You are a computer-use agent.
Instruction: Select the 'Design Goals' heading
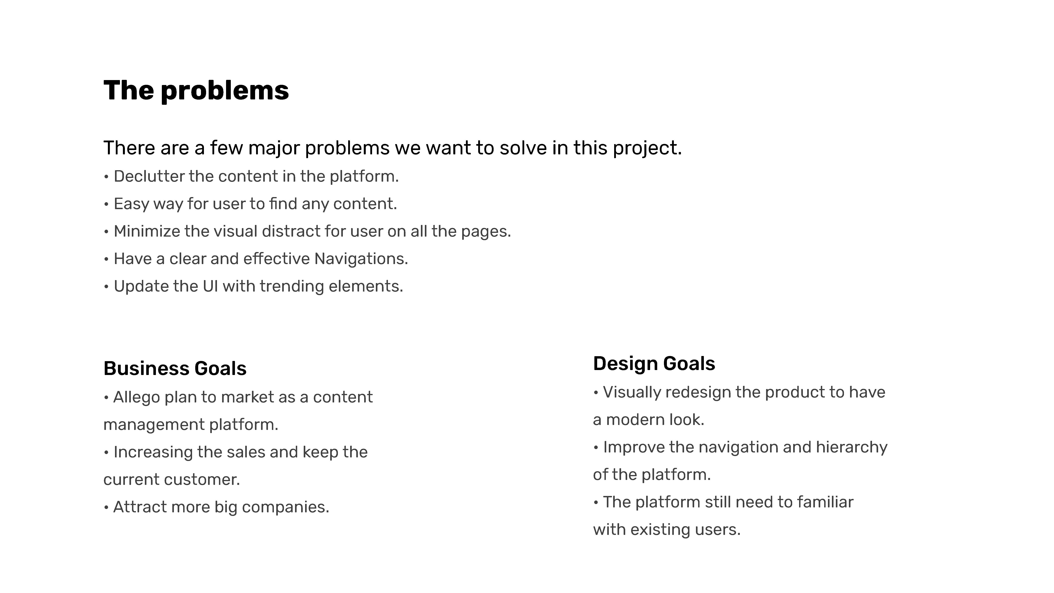[x=654, y=364]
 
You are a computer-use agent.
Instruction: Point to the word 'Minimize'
[x=146, y=231]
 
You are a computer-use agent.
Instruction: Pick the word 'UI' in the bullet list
[x=210, y=286]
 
